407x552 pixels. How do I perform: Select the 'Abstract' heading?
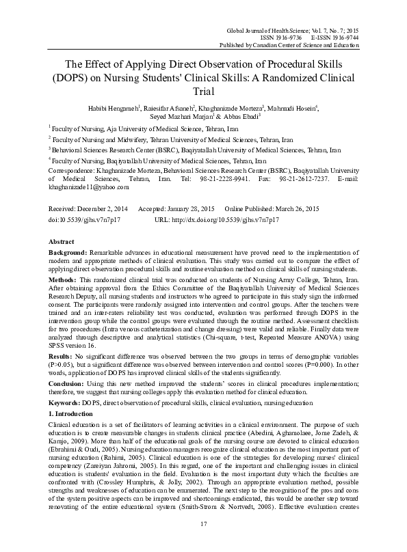coord(62,242)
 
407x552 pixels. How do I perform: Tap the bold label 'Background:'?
coord(68,252)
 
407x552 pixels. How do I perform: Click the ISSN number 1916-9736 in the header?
coord(296,38)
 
